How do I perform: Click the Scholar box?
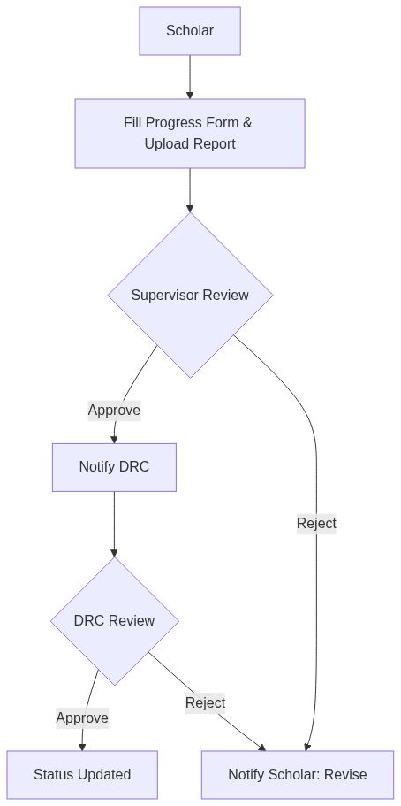[x=189, y=31]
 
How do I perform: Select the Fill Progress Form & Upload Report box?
[x=189, y=133]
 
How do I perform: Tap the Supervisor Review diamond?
[x=190, y=295]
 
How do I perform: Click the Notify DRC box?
[x=114, y=466]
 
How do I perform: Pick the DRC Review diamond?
[x=114, y=620]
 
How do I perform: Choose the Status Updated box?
[x=82, y=774]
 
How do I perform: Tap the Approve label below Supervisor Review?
[x=114, y=410]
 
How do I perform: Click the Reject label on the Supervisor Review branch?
[x=316, y=523]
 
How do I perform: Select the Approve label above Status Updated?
[x=82, y=718]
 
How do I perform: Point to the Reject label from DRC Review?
[x=205, y=702]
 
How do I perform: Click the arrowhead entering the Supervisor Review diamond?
[x=190, y=209]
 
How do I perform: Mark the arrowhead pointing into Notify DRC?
[x=114, y=439]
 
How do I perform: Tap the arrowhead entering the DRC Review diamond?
[x=114, y=552]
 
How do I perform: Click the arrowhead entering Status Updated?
[x=82, y=747]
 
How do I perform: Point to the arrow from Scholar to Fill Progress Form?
[x=190, y=76]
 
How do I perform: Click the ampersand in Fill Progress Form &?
[x=247, y=122]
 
